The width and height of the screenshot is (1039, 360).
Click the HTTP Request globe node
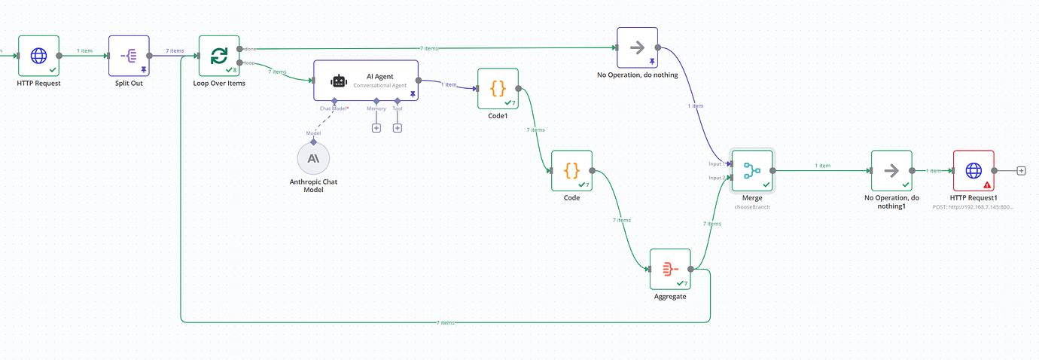coord(38,55)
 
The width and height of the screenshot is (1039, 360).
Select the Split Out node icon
coord(129,55)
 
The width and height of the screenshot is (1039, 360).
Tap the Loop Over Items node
coord(219,55)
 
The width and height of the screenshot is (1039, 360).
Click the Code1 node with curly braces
coord(498,88)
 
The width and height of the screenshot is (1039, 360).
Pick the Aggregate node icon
coord(670,268)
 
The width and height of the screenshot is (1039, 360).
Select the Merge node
coord(752,170)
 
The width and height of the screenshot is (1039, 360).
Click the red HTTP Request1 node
coord(973,170)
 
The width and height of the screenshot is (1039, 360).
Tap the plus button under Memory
coord(376,127)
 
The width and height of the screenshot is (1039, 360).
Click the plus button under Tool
coord(398,127)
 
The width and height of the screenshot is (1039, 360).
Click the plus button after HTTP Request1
coord(1022,170)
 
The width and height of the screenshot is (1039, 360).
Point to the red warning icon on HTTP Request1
coord(986,184)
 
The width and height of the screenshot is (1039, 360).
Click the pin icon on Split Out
coord(142,69)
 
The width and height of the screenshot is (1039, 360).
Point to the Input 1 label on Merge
coord(717,163)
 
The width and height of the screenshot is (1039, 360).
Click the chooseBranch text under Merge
coord(752,206)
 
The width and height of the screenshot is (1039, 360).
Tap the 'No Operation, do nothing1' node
coord(891,170)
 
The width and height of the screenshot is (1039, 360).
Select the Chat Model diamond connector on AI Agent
coord(334,100)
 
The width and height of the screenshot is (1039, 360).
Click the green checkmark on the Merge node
coord(766,184)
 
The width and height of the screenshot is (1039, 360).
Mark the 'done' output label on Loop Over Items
coord(251,49)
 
